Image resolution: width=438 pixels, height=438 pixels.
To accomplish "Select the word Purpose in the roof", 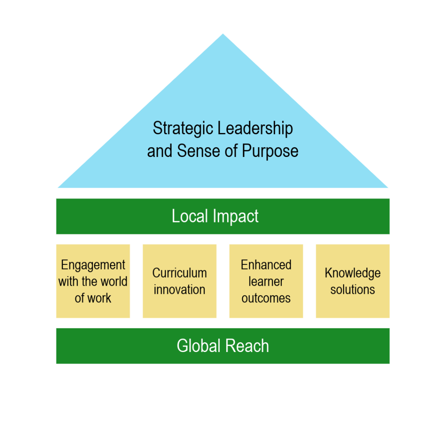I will [270, 151].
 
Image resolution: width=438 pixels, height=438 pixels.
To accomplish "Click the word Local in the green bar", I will [189, 216].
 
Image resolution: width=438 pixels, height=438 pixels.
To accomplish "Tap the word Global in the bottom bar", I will [198, 346].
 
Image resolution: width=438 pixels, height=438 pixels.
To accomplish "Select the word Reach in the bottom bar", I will [249, 346].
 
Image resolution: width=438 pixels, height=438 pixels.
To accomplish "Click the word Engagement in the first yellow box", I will [93, 265].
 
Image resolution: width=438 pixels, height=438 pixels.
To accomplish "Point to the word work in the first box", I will [99, 298].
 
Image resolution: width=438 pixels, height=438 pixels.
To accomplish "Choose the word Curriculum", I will [179, 273].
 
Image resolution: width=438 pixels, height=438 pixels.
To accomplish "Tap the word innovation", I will [179, 290].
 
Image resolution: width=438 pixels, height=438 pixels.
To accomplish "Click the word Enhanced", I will [266, 265].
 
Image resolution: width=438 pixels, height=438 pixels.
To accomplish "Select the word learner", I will [266, 281].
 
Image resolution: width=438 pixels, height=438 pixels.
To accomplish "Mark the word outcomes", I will [266, 298].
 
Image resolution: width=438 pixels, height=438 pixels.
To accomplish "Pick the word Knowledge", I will [352, 273].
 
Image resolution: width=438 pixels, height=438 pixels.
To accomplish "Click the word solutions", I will [352, 290].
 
